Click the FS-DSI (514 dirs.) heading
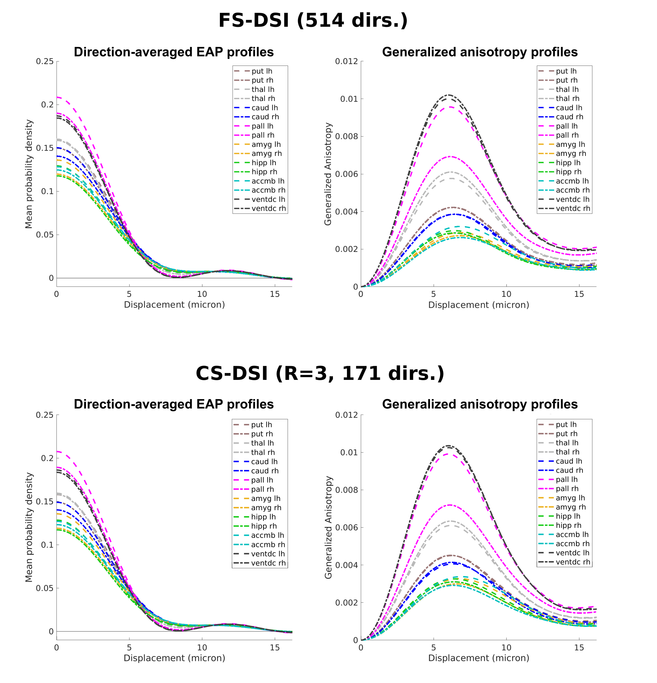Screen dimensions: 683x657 [x=313, y=20]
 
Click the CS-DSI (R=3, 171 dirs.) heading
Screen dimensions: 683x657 [x=319, y=373]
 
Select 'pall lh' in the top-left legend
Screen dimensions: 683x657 [x=262, y=126]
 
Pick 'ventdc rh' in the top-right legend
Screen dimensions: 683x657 [x=573, y=208]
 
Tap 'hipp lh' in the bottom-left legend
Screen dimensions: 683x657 [x=263, y=517]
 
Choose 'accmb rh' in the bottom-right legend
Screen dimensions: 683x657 [x=572, y=544]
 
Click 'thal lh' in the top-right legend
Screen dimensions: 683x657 [x=567, y=90]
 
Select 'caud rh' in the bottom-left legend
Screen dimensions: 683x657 [x=265, y=471]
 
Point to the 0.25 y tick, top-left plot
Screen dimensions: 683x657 [x=45, y=61]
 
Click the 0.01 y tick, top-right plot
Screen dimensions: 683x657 [x=349, y=99]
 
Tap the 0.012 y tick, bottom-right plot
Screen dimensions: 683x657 [x=346, y=415]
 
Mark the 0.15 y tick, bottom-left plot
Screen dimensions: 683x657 [x=45, y=502]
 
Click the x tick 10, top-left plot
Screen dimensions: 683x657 [x=202, y=294]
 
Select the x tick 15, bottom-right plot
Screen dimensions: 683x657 [x=579, y=648]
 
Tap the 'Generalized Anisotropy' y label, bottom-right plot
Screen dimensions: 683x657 [x=328, y=527]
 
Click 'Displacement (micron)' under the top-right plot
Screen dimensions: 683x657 [x=478, y=305]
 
